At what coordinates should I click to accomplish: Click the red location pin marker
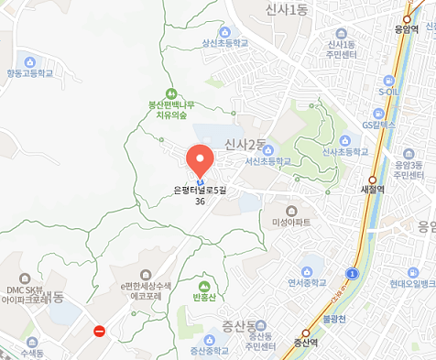200,160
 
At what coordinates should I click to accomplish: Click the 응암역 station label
406,27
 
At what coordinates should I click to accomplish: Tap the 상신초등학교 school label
225,43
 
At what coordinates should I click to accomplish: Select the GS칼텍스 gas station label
377,123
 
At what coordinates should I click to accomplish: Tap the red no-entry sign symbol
100,330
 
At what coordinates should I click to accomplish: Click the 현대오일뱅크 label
406,284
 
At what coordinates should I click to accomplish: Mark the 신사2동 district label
245,145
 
